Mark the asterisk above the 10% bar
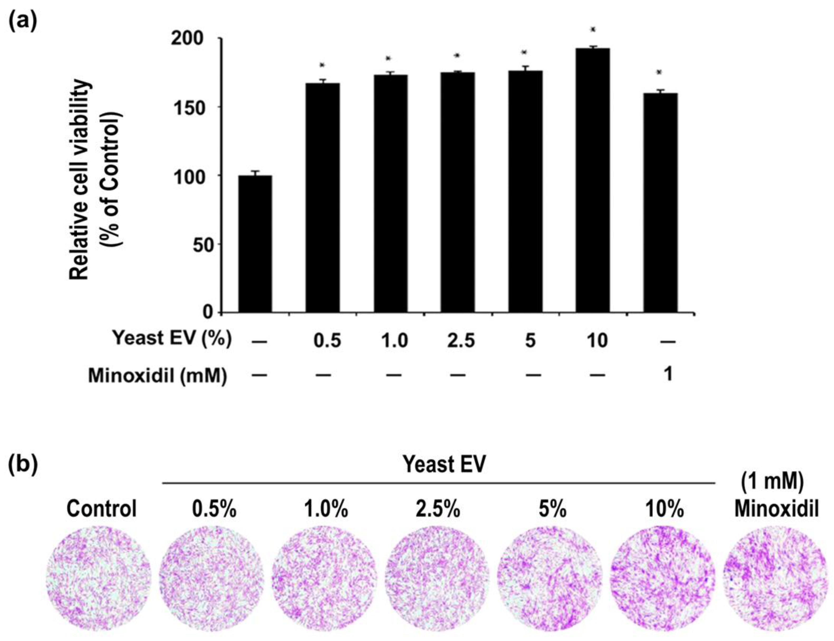[592, 29]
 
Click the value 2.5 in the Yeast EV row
[461, 340]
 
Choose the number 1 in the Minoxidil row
[668, 375]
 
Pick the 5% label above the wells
[552, 509]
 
